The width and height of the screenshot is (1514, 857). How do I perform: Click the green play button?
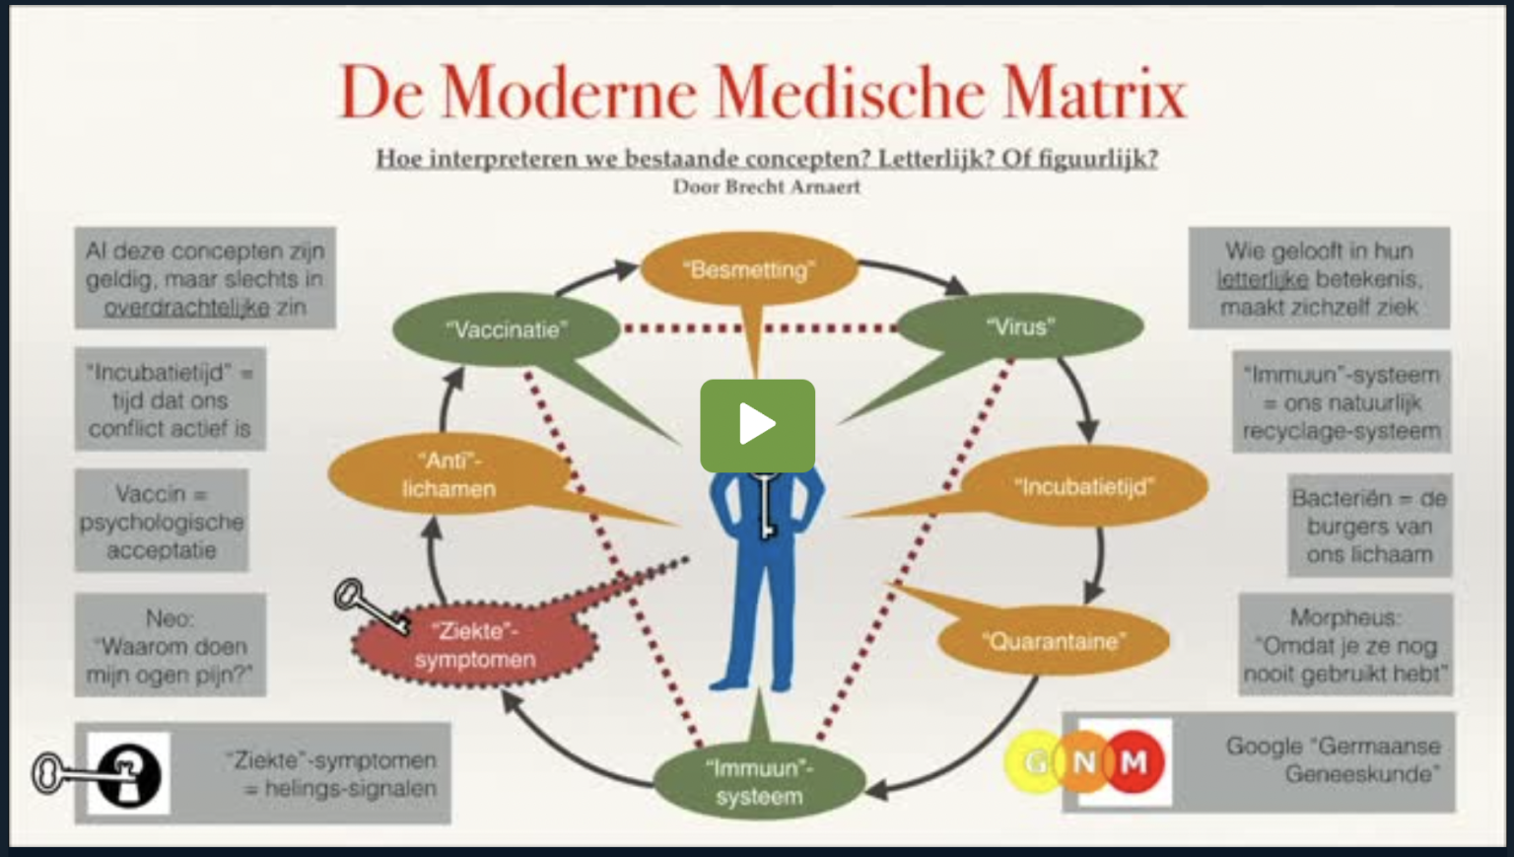[x=757, y=425]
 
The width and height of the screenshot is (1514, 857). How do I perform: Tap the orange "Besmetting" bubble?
[x=749, y=269]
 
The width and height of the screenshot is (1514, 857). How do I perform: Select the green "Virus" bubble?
[x=1020, y=326]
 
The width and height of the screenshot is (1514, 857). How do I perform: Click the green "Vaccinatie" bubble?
[x=506, y=329]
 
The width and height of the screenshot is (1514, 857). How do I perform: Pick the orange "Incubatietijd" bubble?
[x=1083, y=486]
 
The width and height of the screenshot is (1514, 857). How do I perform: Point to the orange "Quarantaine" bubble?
[x=1054, y=641]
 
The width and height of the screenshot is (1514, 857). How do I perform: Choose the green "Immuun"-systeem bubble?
[x=759, y=782]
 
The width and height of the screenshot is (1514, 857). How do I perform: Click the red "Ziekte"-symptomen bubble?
[x=475, y=645]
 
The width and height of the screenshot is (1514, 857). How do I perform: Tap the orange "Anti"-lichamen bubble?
[x=448, y=475]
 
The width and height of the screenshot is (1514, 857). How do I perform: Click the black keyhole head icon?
[x=129, y=773]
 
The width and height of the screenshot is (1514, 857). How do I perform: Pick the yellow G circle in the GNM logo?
[x=1034, y=761]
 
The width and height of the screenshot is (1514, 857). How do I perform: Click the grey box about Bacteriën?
[x=1368, y=526]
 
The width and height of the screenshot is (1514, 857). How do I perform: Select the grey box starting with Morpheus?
[x=1344, y=645]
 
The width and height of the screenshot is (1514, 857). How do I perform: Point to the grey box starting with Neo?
[x=170, y=646]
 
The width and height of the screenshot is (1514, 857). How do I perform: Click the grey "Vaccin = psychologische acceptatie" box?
[x=162, y=521]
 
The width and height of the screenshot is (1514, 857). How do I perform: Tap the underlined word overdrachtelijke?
[x=186, y=308]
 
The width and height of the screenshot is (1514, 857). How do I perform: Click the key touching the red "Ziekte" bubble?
[x=370, y=606]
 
